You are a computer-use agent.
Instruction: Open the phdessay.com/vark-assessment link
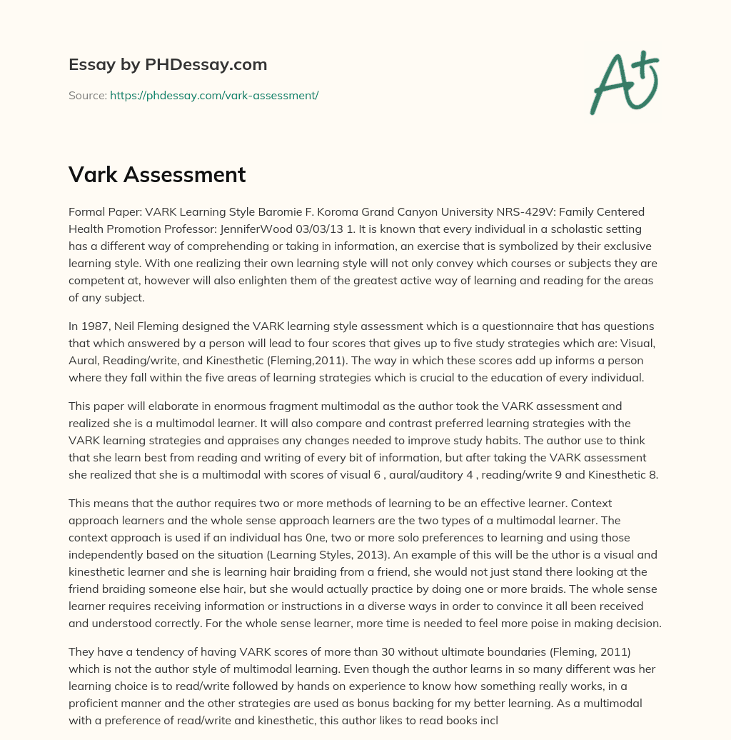(x=214, y=95)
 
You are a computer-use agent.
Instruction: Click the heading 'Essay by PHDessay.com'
(x=168, y=64)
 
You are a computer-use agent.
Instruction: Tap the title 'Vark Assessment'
(x=157, y=174)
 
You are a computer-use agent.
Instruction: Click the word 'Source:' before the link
(x=88, y=95)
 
